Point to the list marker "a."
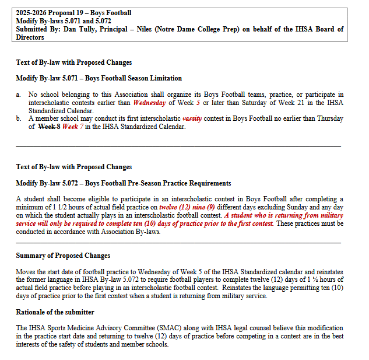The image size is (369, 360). (x=19, y=95)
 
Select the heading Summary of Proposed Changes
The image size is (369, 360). (x=63, y=256)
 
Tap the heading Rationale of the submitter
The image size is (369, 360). (x=55, y=312)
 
